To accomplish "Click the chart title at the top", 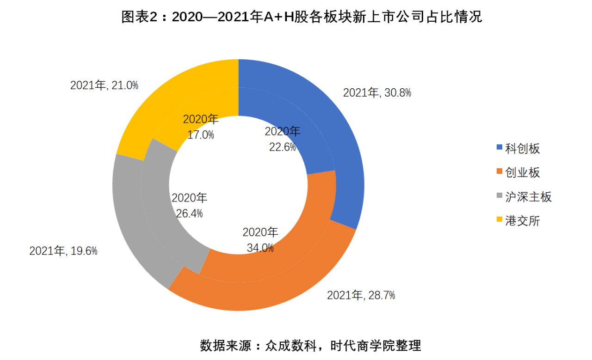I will pos(302,18).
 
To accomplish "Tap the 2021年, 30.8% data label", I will pos(377,92).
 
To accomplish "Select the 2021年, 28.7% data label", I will pos(361,295).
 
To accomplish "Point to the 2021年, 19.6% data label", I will pos(63,251).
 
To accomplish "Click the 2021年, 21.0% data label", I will pos(104,85).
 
